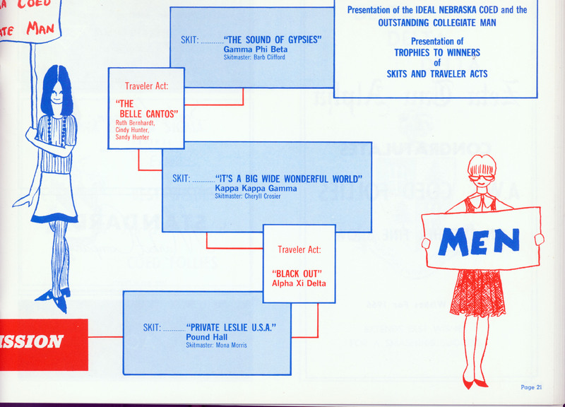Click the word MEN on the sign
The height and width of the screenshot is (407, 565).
tap(479, 242)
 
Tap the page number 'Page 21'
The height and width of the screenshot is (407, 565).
tap(530, 387)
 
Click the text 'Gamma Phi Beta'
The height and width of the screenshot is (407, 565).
tap(255, 50)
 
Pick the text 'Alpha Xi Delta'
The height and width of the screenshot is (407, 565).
tap(299, 283)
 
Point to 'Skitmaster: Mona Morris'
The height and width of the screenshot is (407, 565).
tap(216, 346)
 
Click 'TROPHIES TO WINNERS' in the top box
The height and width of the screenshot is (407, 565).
tap(437, 52)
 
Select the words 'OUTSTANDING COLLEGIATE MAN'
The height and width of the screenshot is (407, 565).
tap(436, 21)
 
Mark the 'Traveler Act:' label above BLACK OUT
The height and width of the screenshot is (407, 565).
tap(299, 249)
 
